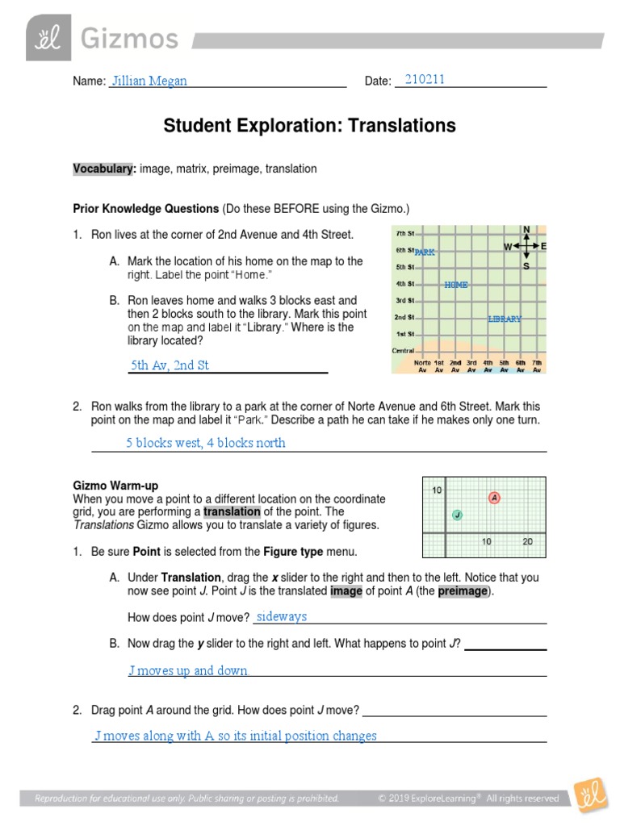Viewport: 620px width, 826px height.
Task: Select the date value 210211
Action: pyautogui.click(x=425, y=79)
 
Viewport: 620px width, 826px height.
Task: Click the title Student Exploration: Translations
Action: pyautogui.click(x=309, y=126)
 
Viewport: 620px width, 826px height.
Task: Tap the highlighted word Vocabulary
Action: pyautogui.click(x=103, y=169)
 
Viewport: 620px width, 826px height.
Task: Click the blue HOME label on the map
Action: pyautogui.click(x=455, y=285)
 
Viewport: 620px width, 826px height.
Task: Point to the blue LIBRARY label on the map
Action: pyautogui.click(x=505, y=319)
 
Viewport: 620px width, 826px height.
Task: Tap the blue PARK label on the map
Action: pyautogui.click(x=425, y=252)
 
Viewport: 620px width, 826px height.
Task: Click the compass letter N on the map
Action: pyautogui.click(x=526, y=230)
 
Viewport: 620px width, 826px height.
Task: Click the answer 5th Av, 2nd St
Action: pyautogui.click(x=170, y=365)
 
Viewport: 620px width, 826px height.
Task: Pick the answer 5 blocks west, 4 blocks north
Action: pyautogui.click(x=206, y=443)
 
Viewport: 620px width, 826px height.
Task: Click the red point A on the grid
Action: pyautogui.click(x=494, y=498)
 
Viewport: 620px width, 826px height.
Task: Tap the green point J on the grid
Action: pyautogui.click(x=457, y=515)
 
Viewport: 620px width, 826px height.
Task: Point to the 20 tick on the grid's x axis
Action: pyautogui.click(x=527, y=542)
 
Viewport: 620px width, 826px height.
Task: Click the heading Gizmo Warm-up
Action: pyautogui.click(x=115, y=486)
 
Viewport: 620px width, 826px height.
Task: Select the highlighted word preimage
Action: pyautogui.click(x=463, y=590)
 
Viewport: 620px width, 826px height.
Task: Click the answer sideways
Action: pyautogui.click(x=281, y=616)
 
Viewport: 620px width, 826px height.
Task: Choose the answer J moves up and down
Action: pyautogui.click(x=188, y=670)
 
